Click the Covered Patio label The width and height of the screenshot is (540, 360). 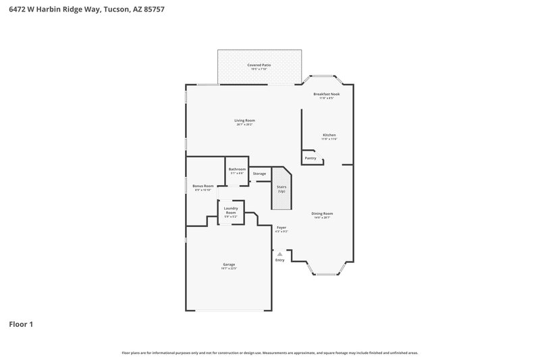tap(259, 65)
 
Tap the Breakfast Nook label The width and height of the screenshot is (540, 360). tap(327, 95)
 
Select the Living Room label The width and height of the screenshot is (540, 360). tap(245, 121)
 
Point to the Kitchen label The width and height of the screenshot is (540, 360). tap(329, 135)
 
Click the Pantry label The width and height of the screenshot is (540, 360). tap(310, 158)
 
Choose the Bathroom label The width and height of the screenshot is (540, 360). tap(237, 170)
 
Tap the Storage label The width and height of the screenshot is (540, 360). tap(259, 174)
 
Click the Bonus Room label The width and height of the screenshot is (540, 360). tap(202, 186)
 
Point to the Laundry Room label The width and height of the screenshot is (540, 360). tap(231, 211)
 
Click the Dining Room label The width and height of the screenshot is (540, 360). tap(323, 214)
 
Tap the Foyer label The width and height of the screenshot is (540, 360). tap(281, 228)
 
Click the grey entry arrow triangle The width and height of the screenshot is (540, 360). tap(280, 253)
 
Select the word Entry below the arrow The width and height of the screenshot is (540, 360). tap(280, 260)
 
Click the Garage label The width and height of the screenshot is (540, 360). tap(229, 265)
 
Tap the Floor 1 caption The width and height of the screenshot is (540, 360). tap(21, 324)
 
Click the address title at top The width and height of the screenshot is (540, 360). tap(86, 10)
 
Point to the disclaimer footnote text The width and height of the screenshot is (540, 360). tap(269, 353)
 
